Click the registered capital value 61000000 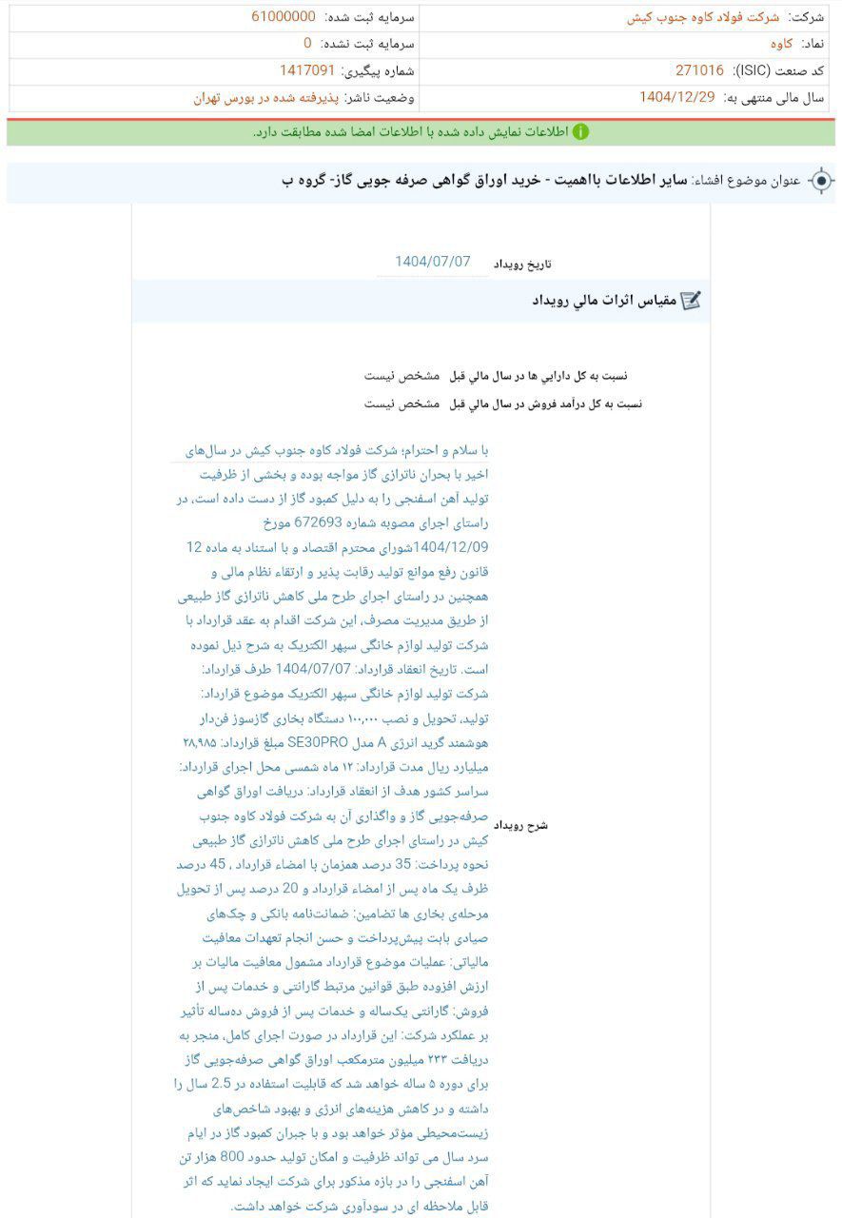(284, 17)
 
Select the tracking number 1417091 (306, 70)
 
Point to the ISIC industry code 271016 (699, 70)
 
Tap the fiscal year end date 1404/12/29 (676, 97)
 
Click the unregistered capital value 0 (307, 44)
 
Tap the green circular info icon (579, 131)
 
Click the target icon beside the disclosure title (820, 181)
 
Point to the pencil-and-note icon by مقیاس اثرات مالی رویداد (692, 301)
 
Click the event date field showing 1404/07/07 (433, 262)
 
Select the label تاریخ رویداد (521, 264)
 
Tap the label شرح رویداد (524, 825)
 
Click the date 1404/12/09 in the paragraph (453, 547)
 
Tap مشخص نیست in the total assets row (401, 376)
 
